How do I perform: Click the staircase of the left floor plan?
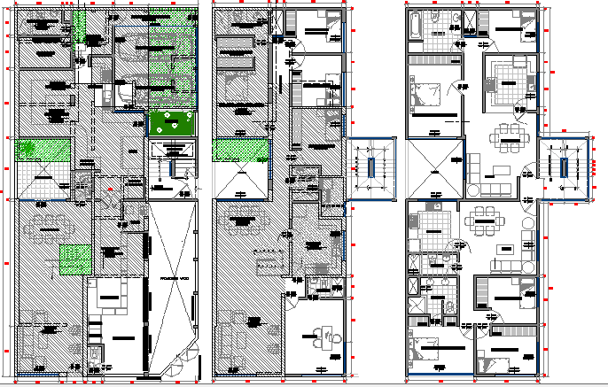[x=170, y=163]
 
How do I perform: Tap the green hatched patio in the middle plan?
[x=241, y=151]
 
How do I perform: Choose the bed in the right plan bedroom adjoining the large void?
[x=428, y=92]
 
